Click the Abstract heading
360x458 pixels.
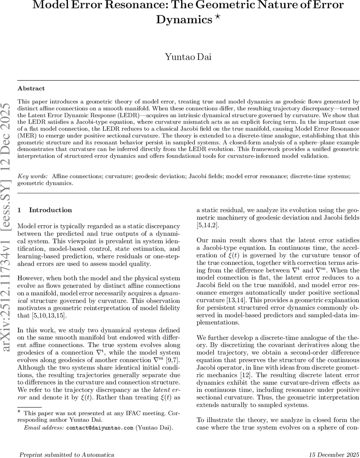point(31,89)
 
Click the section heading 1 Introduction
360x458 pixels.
point(45,210)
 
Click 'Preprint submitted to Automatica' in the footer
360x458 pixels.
point(66,454)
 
